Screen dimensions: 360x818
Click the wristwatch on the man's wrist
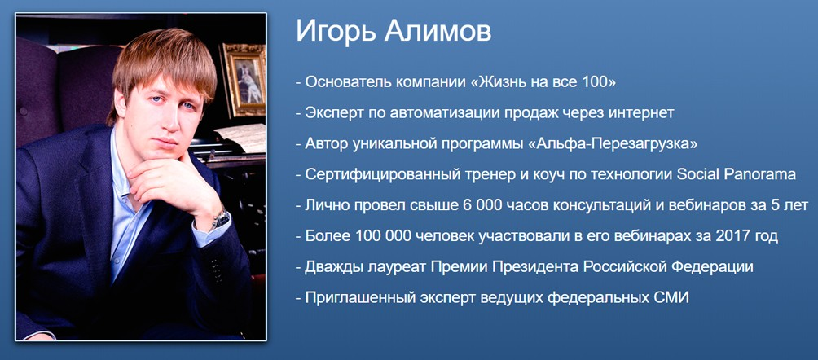(219, 217)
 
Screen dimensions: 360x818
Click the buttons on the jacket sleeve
(214, 269)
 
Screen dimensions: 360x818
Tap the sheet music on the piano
(244, 135)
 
